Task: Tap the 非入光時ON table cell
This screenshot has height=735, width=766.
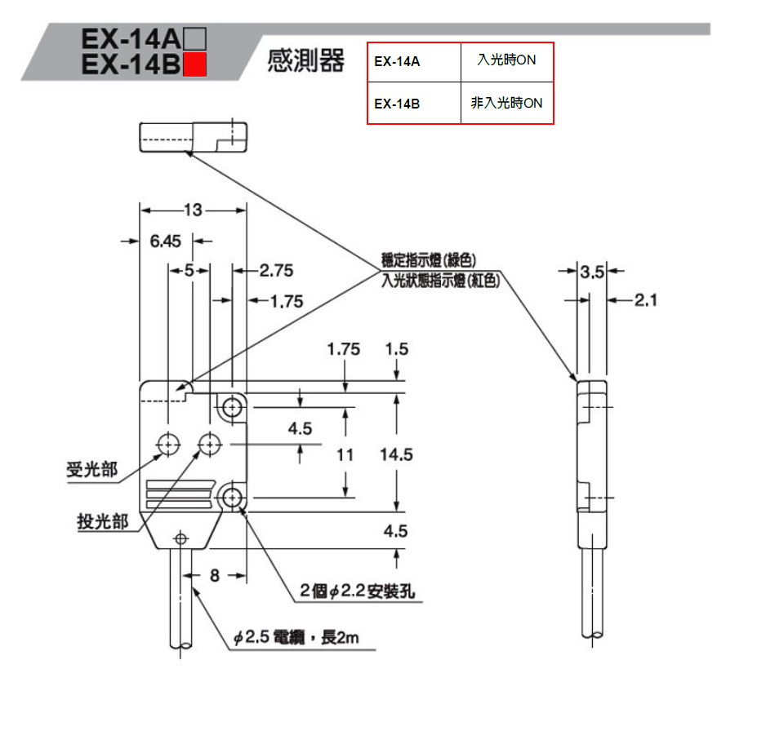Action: [x=506, y=103]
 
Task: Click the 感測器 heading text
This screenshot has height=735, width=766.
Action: [x=306, y=60]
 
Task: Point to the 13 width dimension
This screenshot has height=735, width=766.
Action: [x=192, y=210]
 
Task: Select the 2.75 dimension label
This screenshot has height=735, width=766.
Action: [x=275, y=270]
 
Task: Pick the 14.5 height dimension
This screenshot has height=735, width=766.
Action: [x=396, y=454]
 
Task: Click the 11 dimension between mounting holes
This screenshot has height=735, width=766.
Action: [x=345, y=454]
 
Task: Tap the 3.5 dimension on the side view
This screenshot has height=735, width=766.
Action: [x=591, y=272]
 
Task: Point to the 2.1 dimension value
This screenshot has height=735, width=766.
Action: [x=645, y=300]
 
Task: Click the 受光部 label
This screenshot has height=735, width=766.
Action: [x=91, y=470]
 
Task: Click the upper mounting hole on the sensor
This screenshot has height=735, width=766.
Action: [x=234, y=405]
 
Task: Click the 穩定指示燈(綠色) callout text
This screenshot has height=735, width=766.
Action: [x=428, y=260]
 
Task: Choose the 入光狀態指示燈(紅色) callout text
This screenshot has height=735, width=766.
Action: [x=439, y=280]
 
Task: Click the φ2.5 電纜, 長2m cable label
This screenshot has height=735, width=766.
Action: [x=296, y=637]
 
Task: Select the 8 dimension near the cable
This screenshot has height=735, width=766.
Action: [x=215, y=575]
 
